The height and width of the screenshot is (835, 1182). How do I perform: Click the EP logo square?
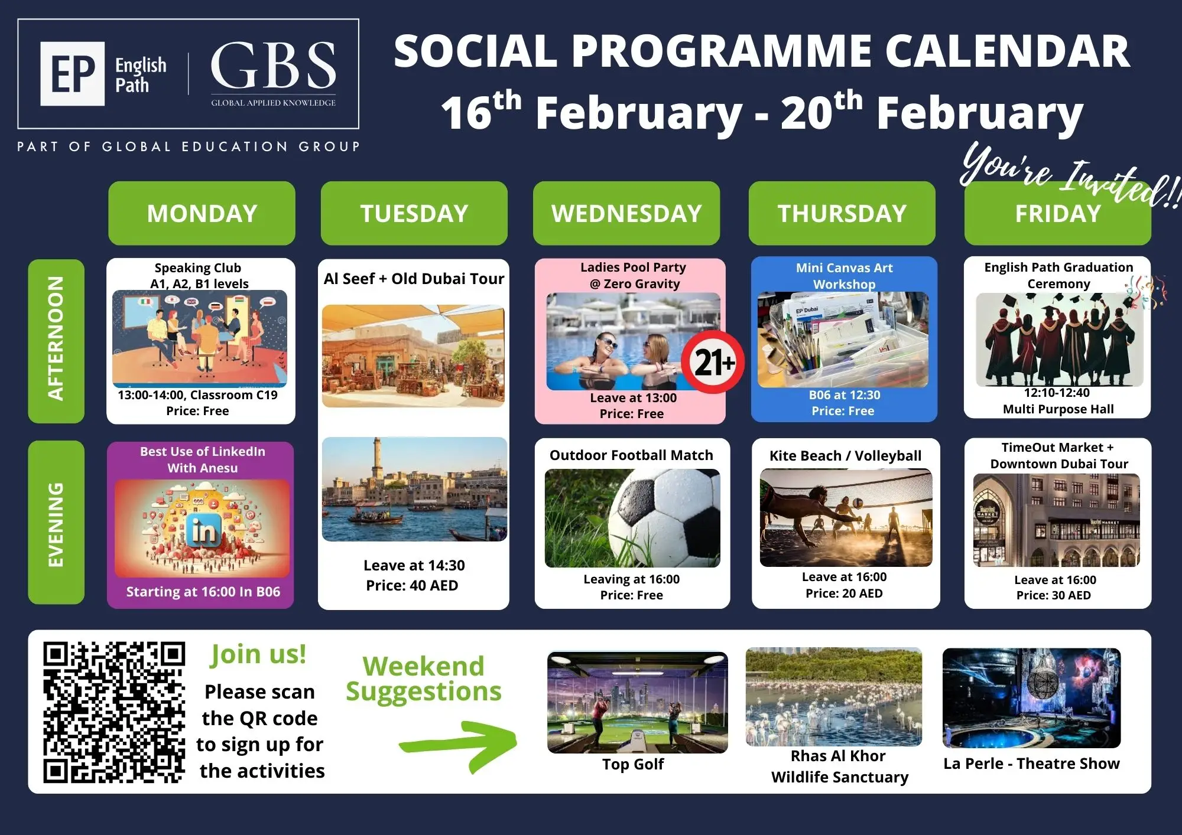(73, 74)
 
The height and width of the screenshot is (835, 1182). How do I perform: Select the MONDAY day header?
(202, 213)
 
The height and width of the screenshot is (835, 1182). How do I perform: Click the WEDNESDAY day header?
(626, 213)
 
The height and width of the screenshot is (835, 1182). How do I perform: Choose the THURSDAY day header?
(842, 213)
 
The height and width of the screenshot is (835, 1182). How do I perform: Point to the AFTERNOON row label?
(56, 341)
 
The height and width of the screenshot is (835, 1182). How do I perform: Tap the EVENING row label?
(56, 523)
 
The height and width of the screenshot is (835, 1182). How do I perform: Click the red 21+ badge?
(713, 362)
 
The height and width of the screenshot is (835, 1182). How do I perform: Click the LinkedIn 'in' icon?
(204, 531)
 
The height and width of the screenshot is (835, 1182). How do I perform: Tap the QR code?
(114, 712)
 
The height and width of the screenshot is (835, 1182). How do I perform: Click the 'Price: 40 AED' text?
(412, 585)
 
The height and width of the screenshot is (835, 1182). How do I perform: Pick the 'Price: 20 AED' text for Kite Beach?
(844, 593)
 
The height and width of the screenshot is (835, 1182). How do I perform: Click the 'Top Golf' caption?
(633, 764)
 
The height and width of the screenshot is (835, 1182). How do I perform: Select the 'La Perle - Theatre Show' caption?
(1031, 764)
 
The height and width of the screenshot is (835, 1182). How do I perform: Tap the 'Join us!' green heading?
(258, 654)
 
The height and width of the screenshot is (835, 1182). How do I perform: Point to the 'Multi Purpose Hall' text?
(1058, 409)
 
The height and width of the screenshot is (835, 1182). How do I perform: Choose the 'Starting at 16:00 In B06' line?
(203, 592)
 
